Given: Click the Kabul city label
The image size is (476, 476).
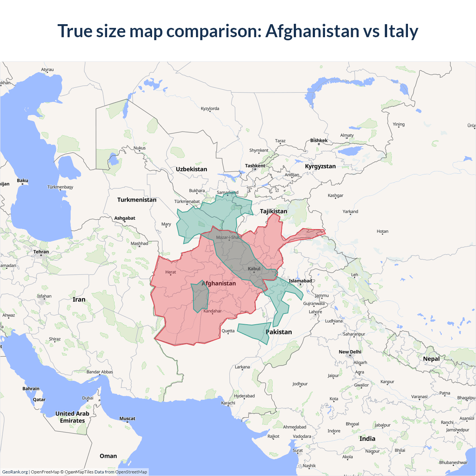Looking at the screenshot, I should (254, 268).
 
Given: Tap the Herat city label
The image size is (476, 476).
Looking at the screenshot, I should (171, 272).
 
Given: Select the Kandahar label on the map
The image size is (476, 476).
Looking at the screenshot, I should (212, 311).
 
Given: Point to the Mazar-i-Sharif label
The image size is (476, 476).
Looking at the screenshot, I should (229, 237).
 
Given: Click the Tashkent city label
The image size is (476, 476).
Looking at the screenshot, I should (255, 166).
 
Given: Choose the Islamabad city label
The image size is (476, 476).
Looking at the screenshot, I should (300, 281).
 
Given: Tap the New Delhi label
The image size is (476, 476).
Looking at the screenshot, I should (350, 352).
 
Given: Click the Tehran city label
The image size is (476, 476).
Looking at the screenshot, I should (41, 252).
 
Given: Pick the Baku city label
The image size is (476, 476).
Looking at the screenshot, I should (22, 180).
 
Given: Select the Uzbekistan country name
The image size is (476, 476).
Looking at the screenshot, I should (192, 169).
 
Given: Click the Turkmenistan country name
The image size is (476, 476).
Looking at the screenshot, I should (137, 200).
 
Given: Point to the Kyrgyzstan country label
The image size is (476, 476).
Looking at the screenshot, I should (320, 166).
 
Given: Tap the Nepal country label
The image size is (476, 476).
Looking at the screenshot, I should (431, 359).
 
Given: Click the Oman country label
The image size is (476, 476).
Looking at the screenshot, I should (108, 456).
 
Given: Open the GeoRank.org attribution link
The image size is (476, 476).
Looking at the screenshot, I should (15, 472).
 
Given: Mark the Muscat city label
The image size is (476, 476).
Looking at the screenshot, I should (127, 418).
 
